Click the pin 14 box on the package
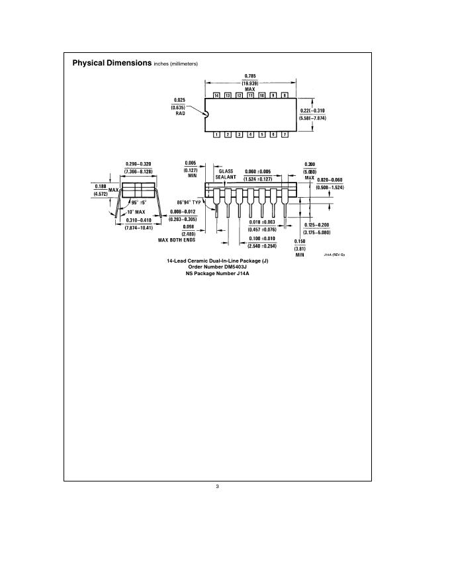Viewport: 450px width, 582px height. point(216,96)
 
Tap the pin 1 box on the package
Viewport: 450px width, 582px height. point(216,135)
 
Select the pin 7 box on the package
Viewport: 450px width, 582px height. point(285,135)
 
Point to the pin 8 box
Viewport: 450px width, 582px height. point(285,96)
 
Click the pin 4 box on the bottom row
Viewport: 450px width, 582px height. point(250,135)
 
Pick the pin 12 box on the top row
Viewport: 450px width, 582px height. point(239,96)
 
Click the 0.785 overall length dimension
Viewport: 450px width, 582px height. point(249,75)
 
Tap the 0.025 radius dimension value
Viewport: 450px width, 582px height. point(179,99)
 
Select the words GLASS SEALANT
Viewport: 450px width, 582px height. point(226,174)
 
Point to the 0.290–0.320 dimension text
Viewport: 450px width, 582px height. point(138,164)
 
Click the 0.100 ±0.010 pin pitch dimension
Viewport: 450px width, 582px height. point(262,238)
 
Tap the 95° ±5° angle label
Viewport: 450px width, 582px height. point(138,202)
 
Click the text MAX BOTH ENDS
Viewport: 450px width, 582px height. point(179,240)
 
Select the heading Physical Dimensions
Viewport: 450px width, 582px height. point(113,63)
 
